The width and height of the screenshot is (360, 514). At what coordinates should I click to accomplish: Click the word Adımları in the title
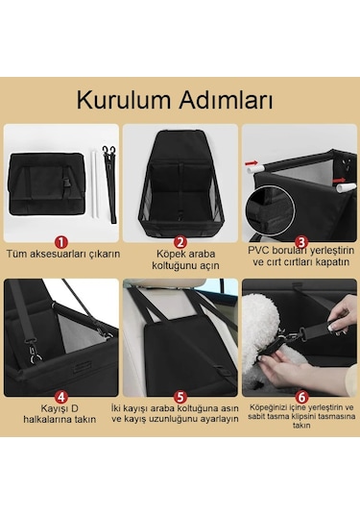point(228,99)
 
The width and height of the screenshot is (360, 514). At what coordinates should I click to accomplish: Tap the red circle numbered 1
point(61,242)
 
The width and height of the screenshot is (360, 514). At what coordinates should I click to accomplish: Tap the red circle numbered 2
point(179,242)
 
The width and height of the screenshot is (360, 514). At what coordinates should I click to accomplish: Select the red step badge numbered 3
point(300,242)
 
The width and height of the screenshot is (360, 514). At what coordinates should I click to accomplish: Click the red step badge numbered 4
point(61,396)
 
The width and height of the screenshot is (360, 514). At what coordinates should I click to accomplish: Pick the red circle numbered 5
point(179,396)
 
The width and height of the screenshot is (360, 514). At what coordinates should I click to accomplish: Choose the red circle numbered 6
point(300,396)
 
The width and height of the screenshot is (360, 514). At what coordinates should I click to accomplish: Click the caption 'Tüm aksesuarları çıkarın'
point(63,255)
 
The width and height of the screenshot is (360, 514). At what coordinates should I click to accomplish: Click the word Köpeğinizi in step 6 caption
point(267,408)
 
